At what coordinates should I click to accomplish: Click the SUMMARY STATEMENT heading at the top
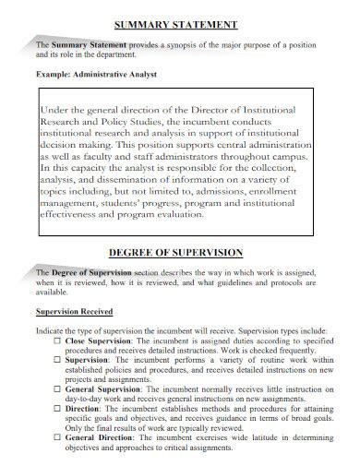pyautogui.click(x=180, y=24)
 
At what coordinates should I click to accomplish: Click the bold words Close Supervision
pyautogui.click(x=94, y=341)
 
